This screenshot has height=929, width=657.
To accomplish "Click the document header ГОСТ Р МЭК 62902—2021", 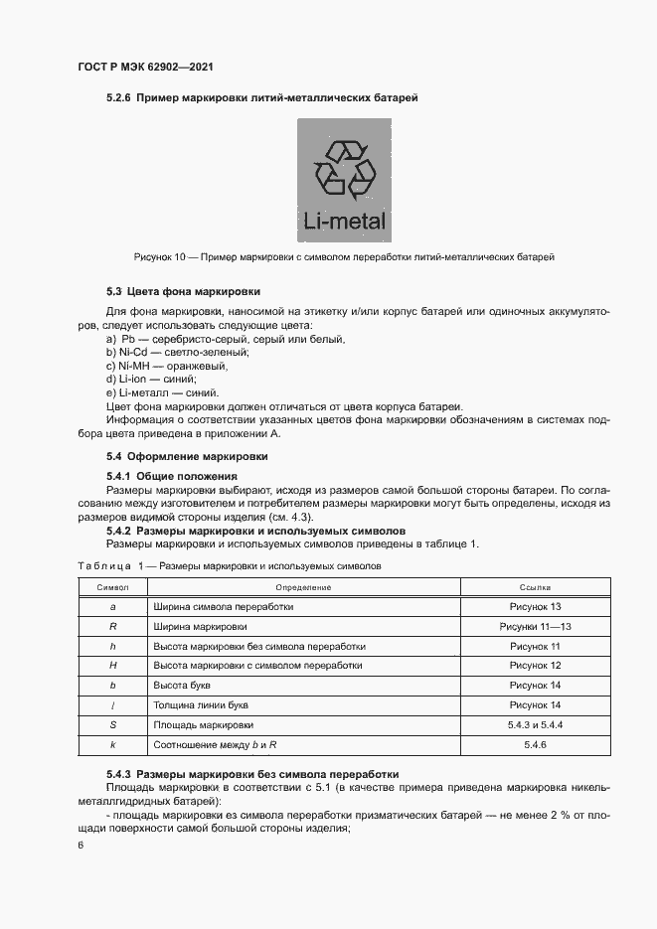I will [145, 68].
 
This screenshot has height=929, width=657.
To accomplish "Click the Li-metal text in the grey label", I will [344, 221].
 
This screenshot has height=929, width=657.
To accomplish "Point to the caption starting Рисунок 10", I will [343, 257].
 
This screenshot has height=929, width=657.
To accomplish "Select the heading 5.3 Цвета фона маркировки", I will [183, 292].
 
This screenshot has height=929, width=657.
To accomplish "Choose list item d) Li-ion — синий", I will [151, 380].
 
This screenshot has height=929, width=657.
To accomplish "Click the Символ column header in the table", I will [112, 588].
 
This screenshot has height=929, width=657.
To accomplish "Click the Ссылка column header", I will [535, 588].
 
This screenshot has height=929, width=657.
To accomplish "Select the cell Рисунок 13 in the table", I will [535, 606].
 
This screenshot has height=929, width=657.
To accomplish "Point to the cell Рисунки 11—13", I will [535, 627].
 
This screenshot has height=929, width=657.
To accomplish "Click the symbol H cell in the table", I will [112, 666].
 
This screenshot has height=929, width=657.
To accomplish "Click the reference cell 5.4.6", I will [535, 744].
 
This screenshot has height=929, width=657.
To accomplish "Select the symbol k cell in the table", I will [112, 744].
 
